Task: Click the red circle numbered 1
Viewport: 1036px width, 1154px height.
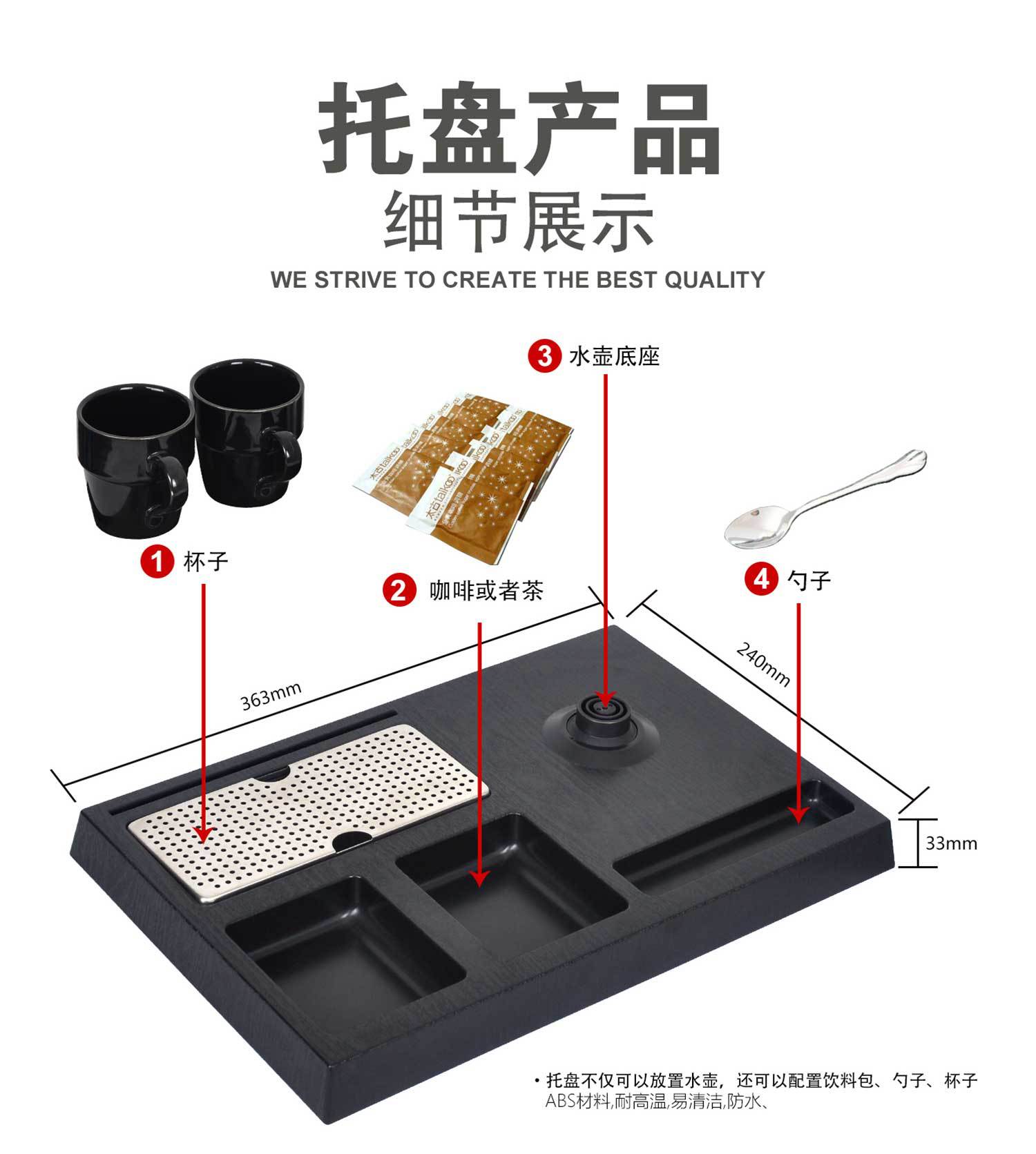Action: (x=157, y=561)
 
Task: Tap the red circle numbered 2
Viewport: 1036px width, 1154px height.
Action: (x=399, y=591)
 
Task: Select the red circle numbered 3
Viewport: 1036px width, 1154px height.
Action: (x=544, y=356)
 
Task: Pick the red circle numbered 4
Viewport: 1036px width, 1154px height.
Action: (x=761, y=578)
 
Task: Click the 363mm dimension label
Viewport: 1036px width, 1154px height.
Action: (x=271, y=696)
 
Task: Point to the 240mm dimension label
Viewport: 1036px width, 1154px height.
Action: (x=763, y=664)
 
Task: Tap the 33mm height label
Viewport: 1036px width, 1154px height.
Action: (x=951, y=843)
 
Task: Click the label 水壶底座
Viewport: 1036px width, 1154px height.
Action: (x=614, y=356)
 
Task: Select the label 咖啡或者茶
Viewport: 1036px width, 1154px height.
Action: (x=486, y=591)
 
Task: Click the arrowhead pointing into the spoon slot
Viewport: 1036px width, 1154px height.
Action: (x=799, y=815)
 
